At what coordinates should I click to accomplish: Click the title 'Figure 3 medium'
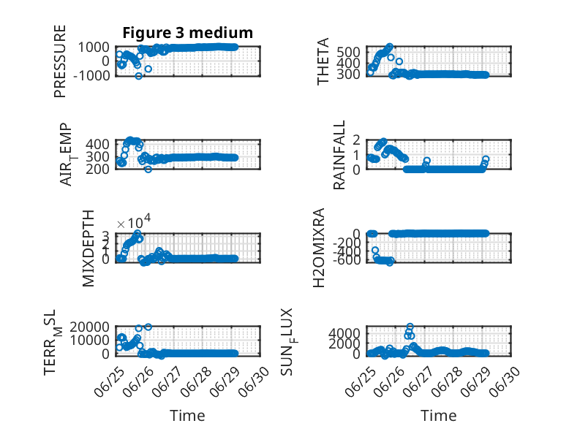188,33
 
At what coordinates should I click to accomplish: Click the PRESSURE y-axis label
60,61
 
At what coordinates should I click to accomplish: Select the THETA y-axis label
323,61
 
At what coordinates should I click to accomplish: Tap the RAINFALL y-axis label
339,155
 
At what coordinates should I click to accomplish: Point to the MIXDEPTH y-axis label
88,248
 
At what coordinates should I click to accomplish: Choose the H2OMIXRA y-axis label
319,248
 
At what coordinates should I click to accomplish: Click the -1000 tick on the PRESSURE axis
91,76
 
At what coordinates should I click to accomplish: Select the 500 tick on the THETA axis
348,52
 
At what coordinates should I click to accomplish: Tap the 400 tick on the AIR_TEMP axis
97,144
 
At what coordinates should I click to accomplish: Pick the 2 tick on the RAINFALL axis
356,140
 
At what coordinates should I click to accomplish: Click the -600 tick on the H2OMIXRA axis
347,259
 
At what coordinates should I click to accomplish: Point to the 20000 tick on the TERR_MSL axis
90,327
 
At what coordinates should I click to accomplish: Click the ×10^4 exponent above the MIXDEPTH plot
134,222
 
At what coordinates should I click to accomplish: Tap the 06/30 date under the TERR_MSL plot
254,381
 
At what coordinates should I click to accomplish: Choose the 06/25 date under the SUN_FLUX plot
361,381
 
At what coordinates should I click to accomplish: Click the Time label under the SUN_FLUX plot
438,416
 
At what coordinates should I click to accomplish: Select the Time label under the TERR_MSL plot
187,416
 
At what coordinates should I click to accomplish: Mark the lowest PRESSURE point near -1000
139,76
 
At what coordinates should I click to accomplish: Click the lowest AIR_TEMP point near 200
148,169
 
